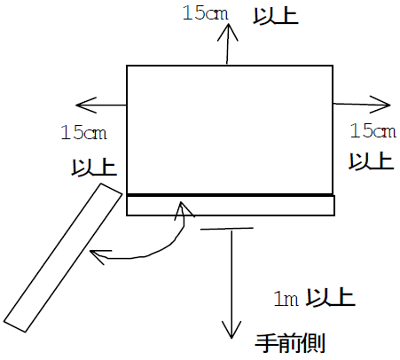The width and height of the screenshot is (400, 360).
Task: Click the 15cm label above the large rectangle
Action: point(206,13)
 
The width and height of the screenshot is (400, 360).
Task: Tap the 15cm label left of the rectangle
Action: point(83,132)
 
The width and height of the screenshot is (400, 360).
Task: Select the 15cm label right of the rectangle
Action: point(373,130)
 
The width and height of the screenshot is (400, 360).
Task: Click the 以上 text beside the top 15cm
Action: point(276,15)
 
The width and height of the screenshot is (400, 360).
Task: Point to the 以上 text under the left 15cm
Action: point(94,168)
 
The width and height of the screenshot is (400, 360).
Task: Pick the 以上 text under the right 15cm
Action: point(372,160)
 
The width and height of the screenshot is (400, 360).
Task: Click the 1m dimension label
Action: point(286,299)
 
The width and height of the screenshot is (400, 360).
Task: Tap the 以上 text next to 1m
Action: point(330,297)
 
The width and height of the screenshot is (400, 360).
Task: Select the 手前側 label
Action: point(290,343)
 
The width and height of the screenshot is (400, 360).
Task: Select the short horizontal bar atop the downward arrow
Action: point(227,229)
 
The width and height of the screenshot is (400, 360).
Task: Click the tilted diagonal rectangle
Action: point(63,258)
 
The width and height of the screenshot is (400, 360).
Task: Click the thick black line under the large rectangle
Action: point(230,195)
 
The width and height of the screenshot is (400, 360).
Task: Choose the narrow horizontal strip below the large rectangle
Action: point(231,205)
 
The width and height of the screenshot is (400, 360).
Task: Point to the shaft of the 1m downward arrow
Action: point(231,283)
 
